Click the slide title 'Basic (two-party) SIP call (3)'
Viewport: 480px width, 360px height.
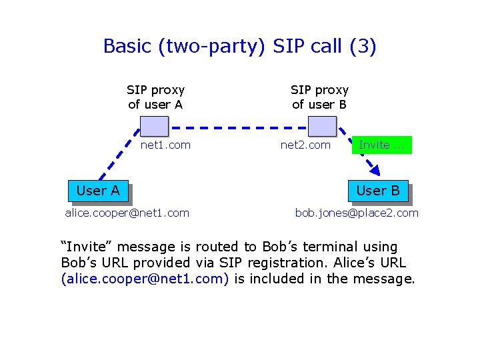point(239,47)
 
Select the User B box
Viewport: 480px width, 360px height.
point(377,191)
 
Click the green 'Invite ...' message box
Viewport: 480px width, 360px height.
point(381,145)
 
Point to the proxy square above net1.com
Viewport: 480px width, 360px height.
point(155,125)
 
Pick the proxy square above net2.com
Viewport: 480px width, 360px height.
point(323,125)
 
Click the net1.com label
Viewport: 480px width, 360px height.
point(165,145)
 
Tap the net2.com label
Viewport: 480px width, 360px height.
point(305,145)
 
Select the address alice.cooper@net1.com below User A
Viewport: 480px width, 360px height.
point(127,213)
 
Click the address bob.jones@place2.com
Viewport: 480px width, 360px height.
point(357,213)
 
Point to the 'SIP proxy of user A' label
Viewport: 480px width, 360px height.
point(155,97)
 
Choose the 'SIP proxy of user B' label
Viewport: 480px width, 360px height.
point(319,97)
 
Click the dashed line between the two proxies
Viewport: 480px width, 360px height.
point(239,127)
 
